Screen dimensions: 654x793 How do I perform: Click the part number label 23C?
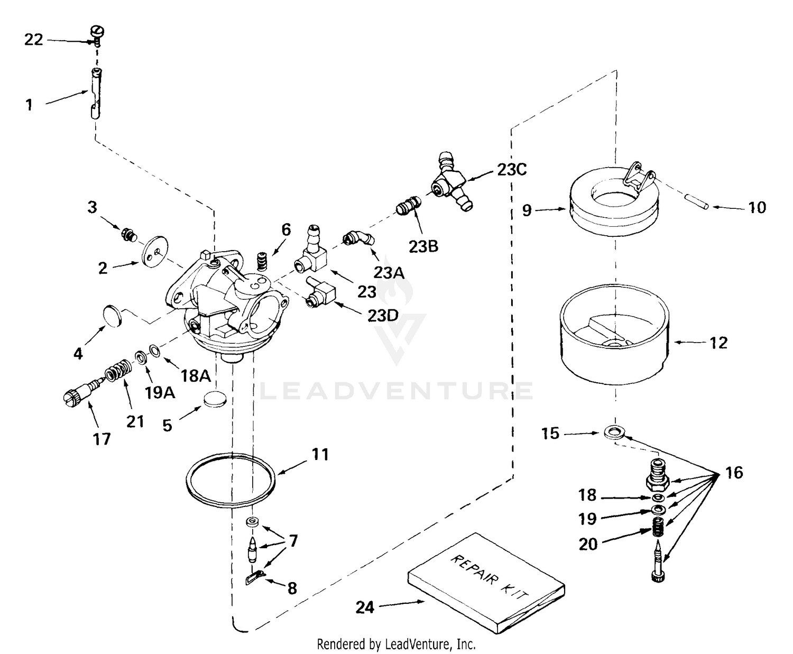click(x=512, y=170)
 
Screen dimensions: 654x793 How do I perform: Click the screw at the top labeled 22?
click(x=98, y=33)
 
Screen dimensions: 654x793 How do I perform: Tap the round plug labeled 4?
click(x=111, y=316)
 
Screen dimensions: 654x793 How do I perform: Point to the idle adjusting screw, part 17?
click(x=78, y=395)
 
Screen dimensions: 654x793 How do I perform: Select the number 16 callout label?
click(x=734, y=472)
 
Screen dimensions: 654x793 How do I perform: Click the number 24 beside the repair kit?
click(x=365, y=607)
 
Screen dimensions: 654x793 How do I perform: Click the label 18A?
click(x=196, y=376)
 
